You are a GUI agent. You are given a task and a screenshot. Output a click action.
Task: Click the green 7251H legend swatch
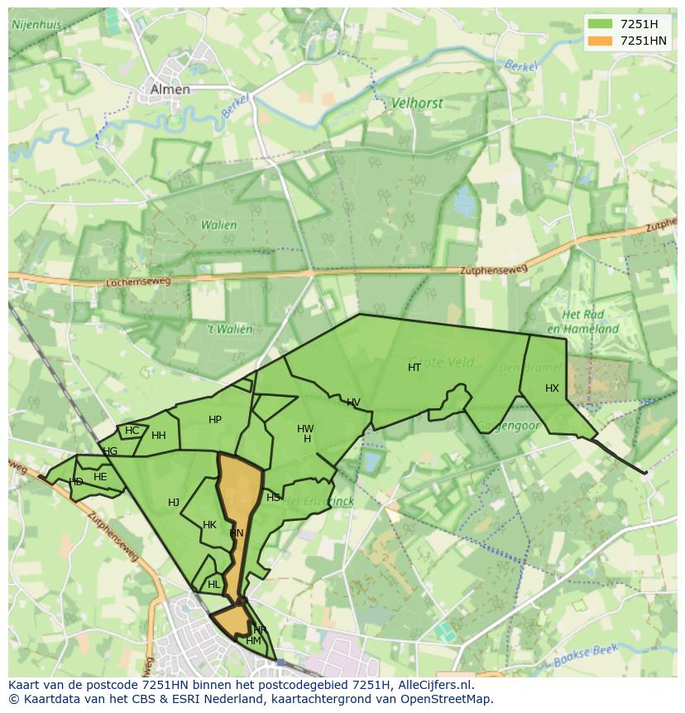[600, 24]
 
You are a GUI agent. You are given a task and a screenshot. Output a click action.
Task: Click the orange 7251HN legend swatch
[600, 41]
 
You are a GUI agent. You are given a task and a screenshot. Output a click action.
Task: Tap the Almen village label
[170, 89]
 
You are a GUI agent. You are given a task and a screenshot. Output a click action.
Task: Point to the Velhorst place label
[417, 104]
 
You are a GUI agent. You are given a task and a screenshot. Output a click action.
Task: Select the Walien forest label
[218, 224]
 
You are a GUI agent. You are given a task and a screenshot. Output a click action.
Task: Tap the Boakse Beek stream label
[587, 653]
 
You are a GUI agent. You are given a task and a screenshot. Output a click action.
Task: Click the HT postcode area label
[414, 368]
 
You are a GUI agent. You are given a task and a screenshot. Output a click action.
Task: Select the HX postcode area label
[552, 388]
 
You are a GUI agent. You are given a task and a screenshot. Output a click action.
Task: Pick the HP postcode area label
[215, 420]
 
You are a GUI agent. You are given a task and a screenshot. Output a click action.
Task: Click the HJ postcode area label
[174, 503]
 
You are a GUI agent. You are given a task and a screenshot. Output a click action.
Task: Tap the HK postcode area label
[209, 525]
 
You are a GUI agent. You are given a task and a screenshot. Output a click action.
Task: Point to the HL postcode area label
[214, 585]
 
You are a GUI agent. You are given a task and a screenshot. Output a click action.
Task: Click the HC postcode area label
[132, 431]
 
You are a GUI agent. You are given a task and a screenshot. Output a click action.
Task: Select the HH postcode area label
[159, 436]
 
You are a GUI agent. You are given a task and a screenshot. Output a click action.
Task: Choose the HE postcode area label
[100, 477]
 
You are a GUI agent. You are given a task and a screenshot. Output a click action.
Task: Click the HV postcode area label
[353, 403]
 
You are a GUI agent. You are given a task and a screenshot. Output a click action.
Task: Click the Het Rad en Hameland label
[590, 322]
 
